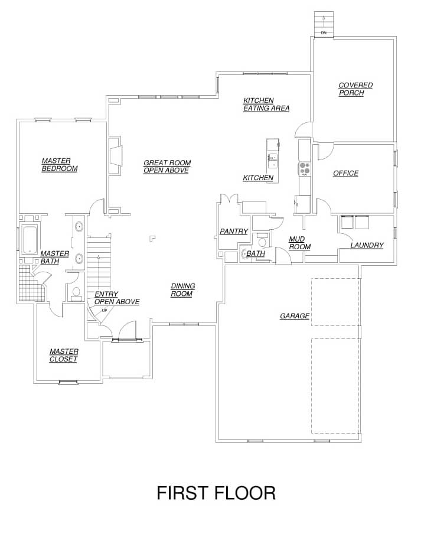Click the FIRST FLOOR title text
pos(216,493)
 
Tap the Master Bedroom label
pos(59,165)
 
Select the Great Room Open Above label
pos(167,167)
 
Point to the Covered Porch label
pos(355,89)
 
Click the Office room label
pos(346,173)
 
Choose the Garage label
pos(295,316)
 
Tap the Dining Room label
pos(183,290)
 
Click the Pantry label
pos(234,232)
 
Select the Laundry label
pos(367,245)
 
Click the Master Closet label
pos(64,355)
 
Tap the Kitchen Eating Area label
pos(266,105)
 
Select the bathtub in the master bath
pos(30,239)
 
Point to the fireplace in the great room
pos(116,156)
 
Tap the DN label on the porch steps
pos(324,32)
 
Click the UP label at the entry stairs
pos(105,310)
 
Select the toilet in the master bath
pos(76,294)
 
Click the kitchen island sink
pos(273,161)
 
